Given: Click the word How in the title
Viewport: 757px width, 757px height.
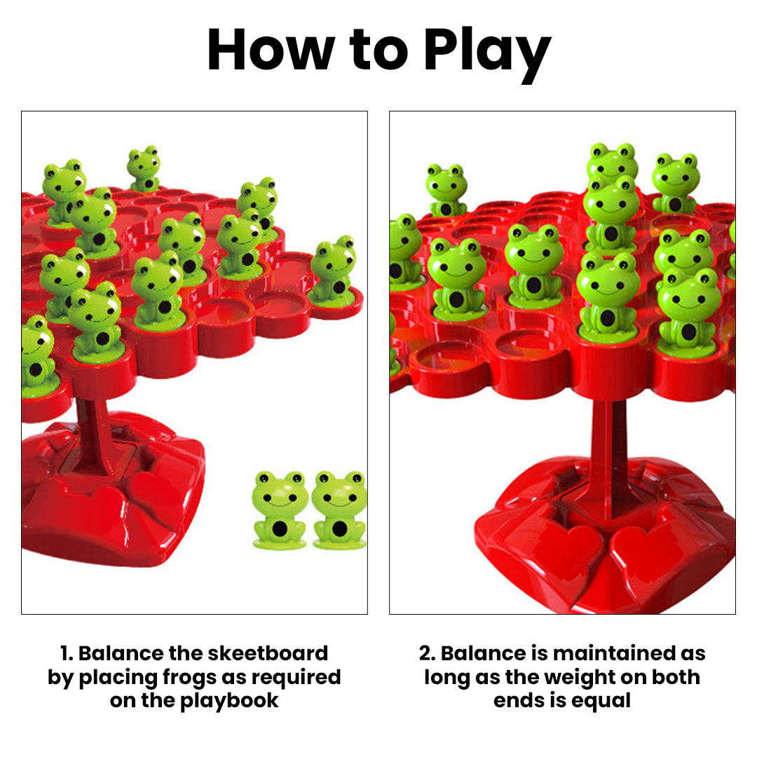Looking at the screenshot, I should pos(269,50).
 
